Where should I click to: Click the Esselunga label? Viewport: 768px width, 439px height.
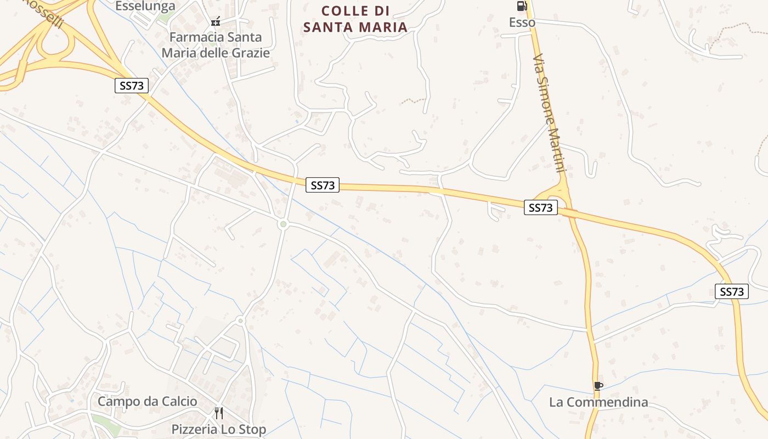pos(145,6)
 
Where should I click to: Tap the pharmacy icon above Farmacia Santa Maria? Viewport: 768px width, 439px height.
pos(216,22)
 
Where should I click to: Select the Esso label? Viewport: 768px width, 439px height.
pos(522,22)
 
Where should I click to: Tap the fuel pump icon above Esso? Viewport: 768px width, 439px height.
pos(521,6)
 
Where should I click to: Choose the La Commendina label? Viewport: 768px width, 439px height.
pos(598,402)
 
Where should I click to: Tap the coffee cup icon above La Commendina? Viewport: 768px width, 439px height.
pos(598,386)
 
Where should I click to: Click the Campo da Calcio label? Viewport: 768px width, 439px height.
pos(147,401)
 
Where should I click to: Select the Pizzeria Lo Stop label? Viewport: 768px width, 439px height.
pos(218,429)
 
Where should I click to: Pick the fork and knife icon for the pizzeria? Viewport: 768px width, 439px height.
pos(218,413)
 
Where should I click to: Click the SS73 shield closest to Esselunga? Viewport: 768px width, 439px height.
pos(132,86)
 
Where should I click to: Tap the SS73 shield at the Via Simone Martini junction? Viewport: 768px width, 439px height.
pos(540,207)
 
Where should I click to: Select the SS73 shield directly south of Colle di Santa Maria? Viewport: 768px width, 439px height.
pos(323,185)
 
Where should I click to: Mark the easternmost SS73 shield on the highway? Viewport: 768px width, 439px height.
pos(731,291)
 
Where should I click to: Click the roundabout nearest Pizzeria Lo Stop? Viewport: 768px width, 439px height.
pos(240,320)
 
